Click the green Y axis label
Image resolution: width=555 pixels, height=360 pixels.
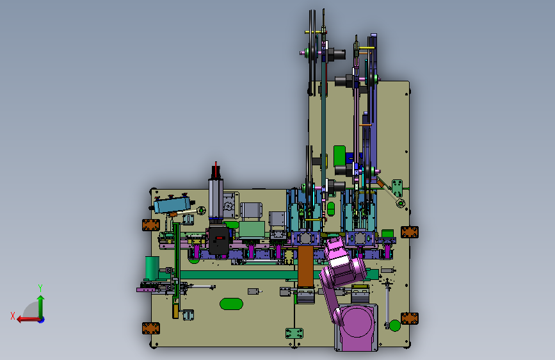tap(40, 288)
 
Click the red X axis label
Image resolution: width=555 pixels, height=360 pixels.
tap(13, 316)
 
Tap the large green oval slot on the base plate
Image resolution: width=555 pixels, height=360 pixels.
tap(231, 304)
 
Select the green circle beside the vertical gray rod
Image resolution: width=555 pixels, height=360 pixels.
tap(395, 325)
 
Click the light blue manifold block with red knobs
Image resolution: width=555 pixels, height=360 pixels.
tap(172, 204)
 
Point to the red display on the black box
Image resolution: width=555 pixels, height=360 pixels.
tap(220, 238)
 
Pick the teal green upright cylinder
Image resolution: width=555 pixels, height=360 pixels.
tap(152, 268)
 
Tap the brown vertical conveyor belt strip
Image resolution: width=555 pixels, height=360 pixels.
tap(305, 266)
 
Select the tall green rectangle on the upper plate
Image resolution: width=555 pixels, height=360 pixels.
tap(339, 156)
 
